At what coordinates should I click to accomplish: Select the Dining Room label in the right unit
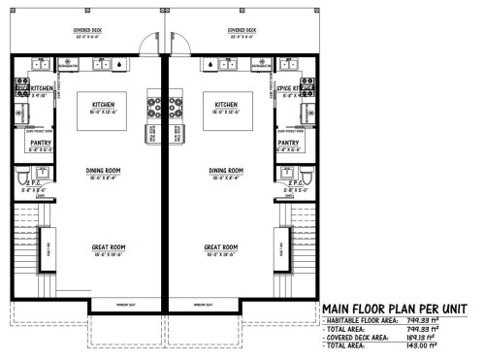[225, 170]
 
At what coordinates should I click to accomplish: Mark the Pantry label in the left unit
[27, 143]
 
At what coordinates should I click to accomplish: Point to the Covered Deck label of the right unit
[242, 30]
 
